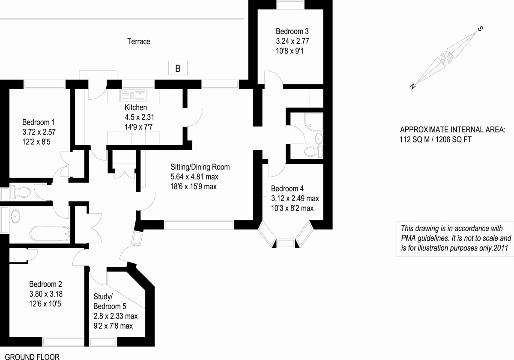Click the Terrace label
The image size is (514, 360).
139,42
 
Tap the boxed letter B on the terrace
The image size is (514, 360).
177,68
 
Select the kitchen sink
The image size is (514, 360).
134,95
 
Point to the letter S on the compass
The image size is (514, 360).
481,29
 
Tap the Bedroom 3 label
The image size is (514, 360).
292,31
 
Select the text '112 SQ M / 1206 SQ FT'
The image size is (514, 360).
435,139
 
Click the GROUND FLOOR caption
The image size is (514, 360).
32,357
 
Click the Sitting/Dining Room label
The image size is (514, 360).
200,167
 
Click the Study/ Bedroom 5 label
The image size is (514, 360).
110,301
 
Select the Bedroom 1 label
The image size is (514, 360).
39,122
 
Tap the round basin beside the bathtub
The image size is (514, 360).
16,216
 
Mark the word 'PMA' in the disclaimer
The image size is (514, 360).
410,238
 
